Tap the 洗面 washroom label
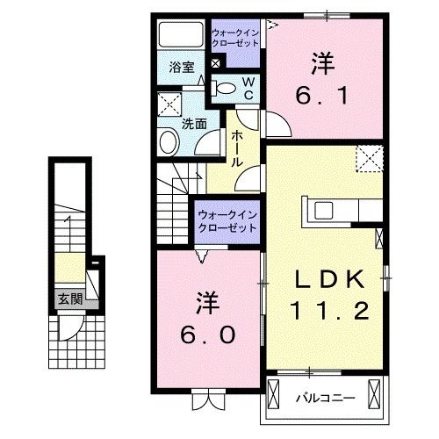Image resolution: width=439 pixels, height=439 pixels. (194, 124)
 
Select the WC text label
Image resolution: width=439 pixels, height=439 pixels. (248, 87)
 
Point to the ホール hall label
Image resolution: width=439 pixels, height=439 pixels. (237, 149)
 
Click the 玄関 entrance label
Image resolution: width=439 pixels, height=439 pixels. (68, 299)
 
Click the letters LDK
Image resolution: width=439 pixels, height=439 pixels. (327, 280)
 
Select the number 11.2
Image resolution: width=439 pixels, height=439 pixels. (327, 310)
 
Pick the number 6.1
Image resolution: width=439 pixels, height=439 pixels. (321, 93)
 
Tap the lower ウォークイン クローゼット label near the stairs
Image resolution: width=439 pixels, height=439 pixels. (226, 220)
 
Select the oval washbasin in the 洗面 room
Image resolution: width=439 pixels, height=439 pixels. (167, 143)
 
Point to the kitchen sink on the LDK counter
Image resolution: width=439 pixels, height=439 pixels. (323, 211)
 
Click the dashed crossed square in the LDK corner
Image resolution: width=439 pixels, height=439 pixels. (370, 159)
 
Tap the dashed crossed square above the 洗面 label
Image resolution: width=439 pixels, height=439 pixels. (168, 106)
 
